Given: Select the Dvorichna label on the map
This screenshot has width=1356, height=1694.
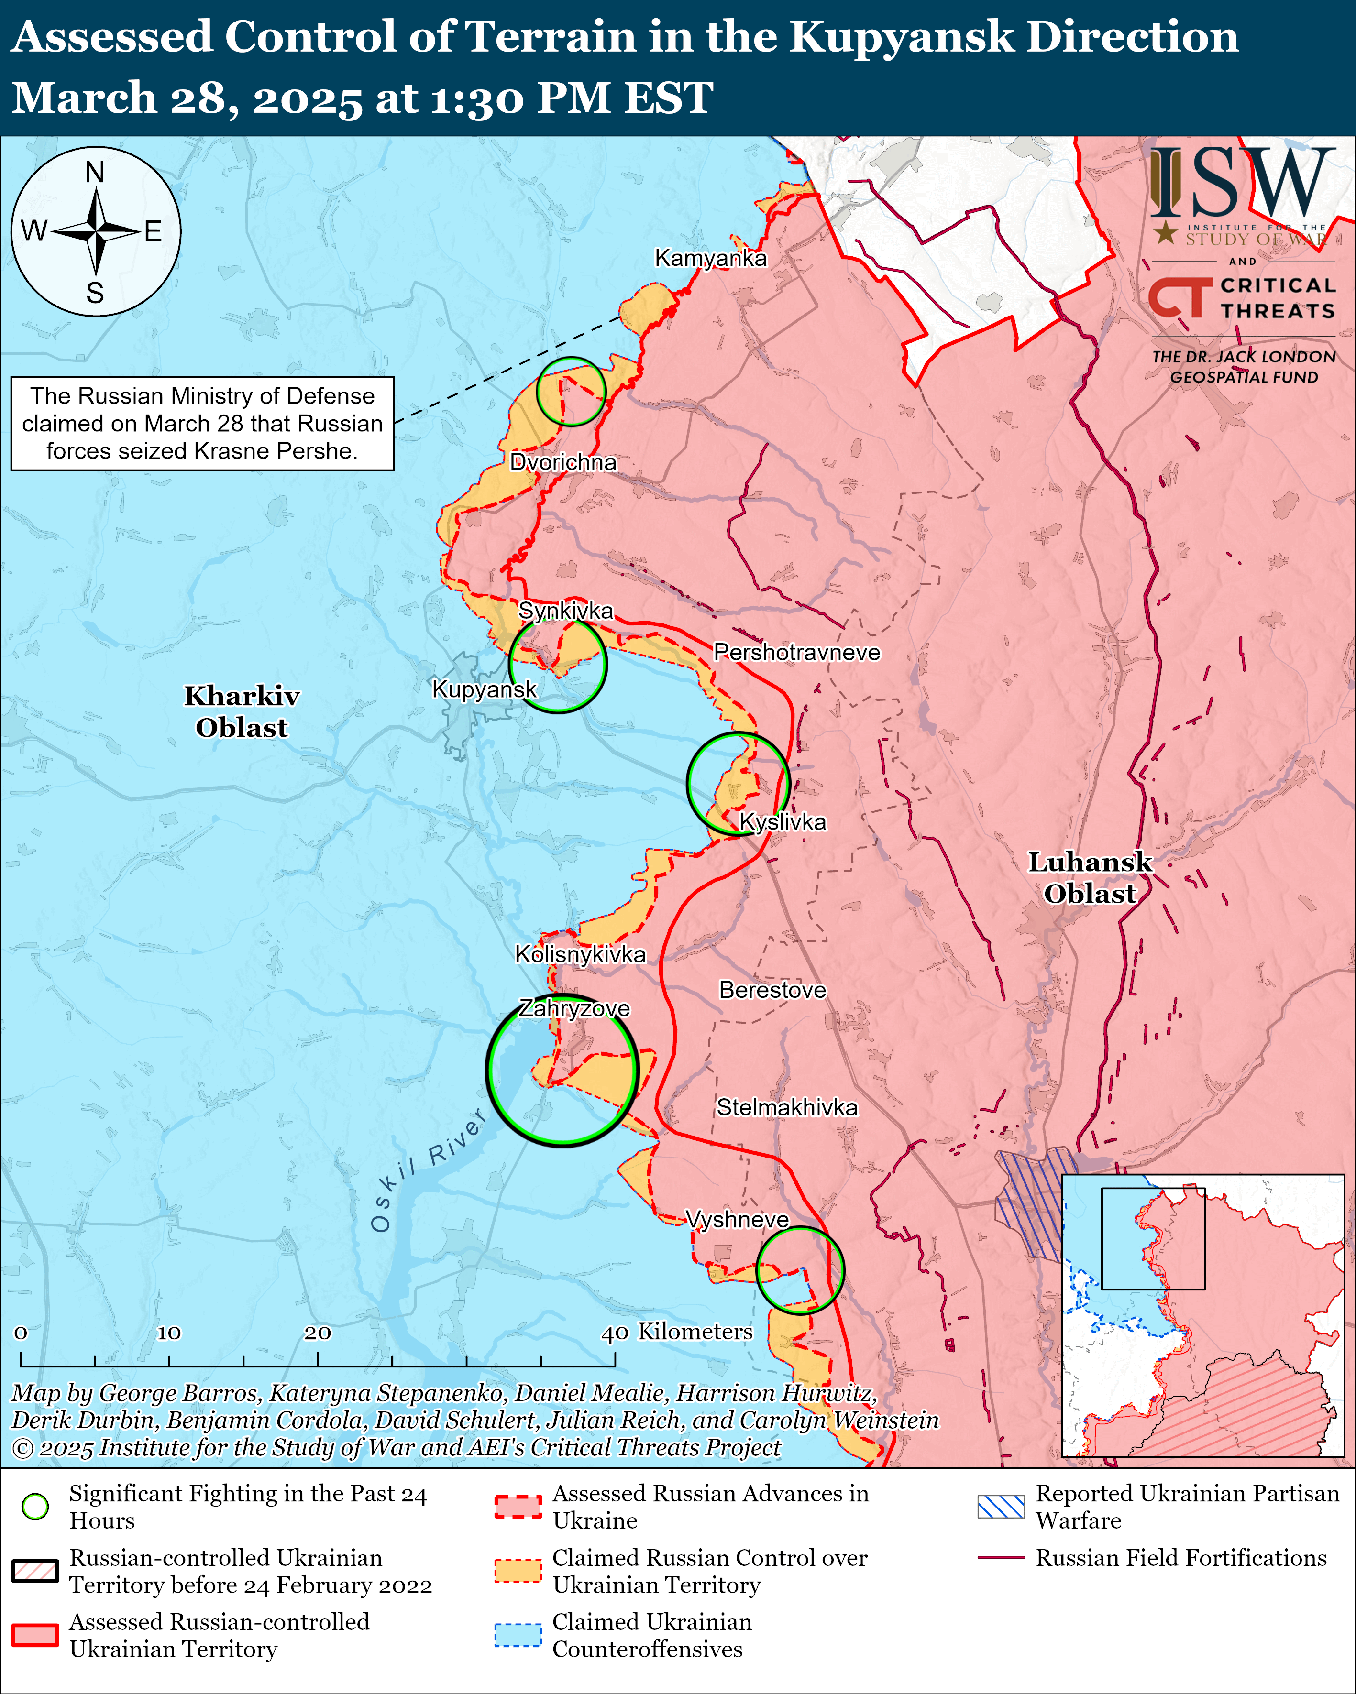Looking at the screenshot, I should click(563, 462).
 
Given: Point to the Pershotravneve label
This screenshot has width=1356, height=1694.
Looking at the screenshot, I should click(796, 652).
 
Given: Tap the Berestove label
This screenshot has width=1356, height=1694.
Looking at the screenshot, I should click(772, 990).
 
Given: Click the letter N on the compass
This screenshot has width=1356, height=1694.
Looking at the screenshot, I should click(95, 172).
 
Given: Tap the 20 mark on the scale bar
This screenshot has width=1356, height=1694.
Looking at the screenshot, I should click(318, 1333).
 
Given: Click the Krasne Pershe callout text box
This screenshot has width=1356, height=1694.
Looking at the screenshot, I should click(202, 424).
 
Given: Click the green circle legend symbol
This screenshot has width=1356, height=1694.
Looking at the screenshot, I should click(35, 1506).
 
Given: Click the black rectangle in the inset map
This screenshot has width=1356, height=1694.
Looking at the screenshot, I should click(1152, 1238).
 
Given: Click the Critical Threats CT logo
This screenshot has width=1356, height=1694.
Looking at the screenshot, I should click(1179, 298).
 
